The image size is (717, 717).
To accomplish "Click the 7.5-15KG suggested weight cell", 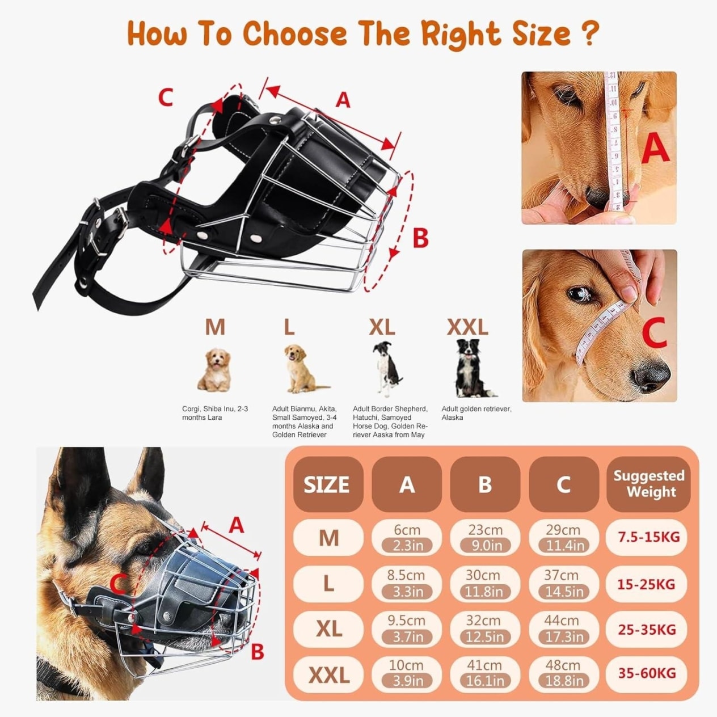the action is (646, 537).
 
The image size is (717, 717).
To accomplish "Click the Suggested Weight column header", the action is (648, 484).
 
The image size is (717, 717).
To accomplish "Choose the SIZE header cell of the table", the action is (328, 484).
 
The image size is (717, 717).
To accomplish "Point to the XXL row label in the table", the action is (328, 674).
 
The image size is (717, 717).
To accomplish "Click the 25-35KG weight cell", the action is (647, 629).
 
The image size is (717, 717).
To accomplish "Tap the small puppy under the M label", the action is (214, 370).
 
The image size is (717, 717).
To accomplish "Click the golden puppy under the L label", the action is (301, 368).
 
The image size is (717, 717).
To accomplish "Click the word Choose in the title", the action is (295, 33).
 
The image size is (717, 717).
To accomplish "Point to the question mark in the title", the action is (589, 33).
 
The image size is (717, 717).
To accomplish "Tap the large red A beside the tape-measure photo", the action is (655, 149).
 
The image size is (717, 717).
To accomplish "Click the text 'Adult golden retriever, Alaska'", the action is (476, 413).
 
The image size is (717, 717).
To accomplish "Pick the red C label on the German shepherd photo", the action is (119, 583).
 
